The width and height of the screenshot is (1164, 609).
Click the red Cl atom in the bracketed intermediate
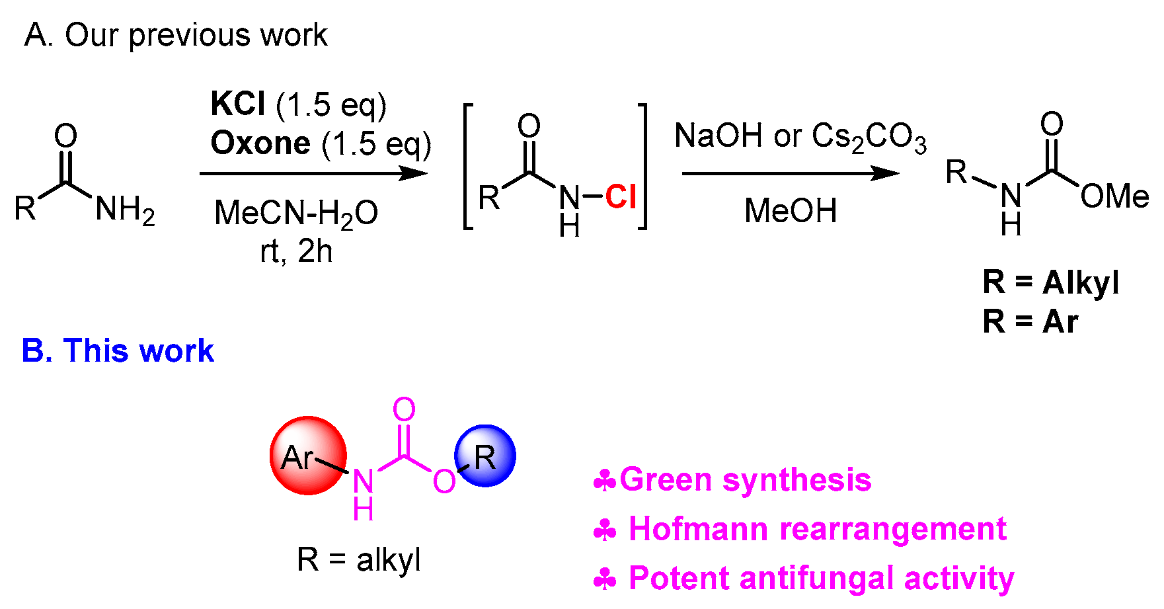click(621, 196)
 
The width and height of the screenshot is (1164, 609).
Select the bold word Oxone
click(260, 143)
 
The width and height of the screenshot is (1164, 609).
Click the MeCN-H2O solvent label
click(296, 213)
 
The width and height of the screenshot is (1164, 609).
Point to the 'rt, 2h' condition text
click(296, 251)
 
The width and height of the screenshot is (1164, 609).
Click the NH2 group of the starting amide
click(125, 210)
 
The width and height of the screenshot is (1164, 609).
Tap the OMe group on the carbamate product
click(1114, 196)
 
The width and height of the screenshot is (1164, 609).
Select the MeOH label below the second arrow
click(791, 211)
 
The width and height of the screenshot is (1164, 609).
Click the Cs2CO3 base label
click(869, 137)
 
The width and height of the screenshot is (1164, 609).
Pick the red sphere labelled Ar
click(308, 456)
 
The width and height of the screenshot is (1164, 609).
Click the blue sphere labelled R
click(485, 456)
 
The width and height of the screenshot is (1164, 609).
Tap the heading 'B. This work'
click(118, 350)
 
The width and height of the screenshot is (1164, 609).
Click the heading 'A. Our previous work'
click(176, 35)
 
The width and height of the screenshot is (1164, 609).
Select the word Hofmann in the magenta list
click(698, 529)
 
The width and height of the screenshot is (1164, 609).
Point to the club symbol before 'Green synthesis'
click(605, 481)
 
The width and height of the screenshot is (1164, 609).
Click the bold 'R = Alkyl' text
click(1051, 282)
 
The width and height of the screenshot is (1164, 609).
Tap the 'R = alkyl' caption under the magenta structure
click(359, 560)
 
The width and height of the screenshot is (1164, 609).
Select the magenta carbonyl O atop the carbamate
click(404, 410)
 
